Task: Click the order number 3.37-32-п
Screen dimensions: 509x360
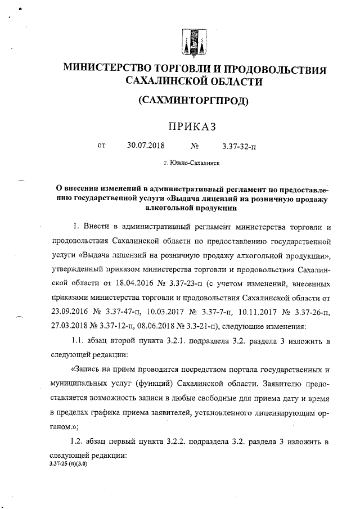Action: point(238,147)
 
